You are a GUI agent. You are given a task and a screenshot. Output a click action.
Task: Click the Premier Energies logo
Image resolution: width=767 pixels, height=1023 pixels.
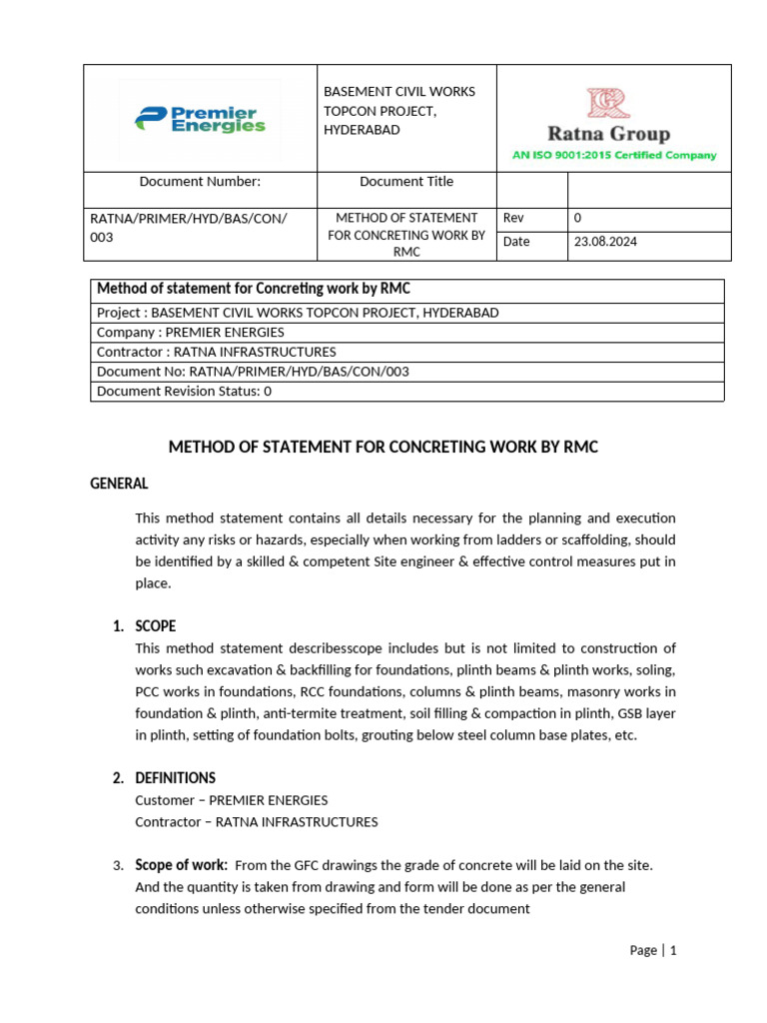pyautogui.click(x=200, y=120)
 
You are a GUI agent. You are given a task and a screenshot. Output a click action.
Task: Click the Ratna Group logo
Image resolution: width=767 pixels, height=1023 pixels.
pyautogui.click(x=607, y=118)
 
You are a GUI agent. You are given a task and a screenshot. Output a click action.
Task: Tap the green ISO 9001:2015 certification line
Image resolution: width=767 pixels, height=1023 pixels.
pyautogui.click(x=614, y=155)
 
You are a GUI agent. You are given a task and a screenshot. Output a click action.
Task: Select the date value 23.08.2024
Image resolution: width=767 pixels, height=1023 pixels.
pyautogui.click(x=605, y=242)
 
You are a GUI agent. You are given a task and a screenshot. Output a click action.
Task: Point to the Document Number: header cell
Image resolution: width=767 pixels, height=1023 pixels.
pyautogui.click(x=200, y=182)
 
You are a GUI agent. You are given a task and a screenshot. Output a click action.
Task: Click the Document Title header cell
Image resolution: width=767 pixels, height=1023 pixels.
pyautogui.click(x=405, y=182)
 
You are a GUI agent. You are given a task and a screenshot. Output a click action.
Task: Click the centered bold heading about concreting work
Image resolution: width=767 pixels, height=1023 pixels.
pyautogui.click(x=383, y=447)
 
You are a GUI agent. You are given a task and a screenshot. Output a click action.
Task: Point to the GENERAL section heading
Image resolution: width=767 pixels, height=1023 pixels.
pyautogui.click(x=119, y=484)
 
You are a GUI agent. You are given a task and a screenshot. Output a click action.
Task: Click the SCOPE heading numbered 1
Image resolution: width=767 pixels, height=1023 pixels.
pyautogui.click(x=155, y=626)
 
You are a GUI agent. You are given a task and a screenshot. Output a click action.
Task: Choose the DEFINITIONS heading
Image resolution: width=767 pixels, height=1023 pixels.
pyautogui.click(x=175, y=778)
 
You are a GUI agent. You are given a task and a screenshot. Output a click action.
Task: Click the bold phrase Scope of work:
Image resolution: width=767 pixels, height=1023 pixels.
pyautogui.click(x=181, y=865)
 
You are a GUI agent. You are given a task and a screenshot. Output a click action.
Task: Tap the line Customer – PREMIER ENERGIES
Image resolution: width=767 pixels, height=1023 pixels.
pyautogui.click(x=231, y=800)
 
